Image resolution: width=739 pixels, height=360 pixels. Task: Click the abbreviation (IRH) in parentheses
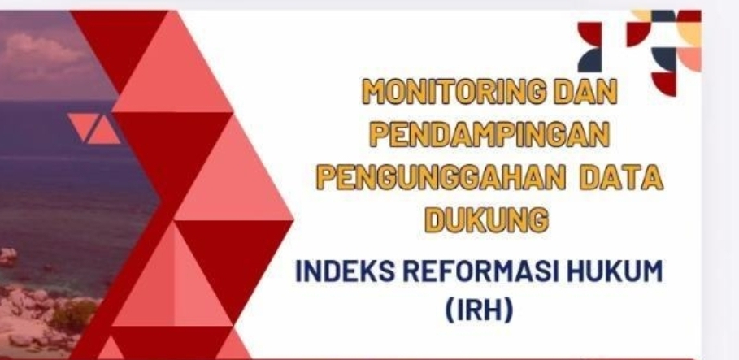point(486,310)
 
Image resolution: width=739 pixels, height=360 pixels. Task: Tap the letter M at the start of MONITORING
point(373,92)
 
